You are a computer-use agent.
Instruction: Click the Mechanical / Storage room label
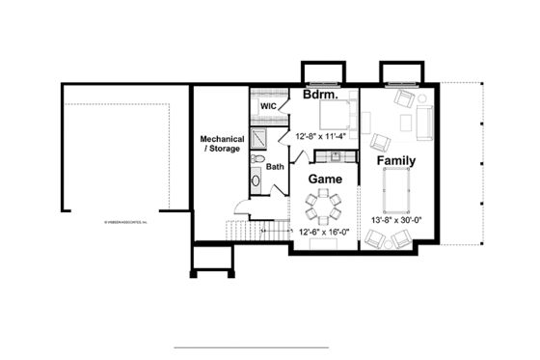point(222,144)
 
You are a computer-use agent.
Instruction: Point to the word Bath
point(276,166)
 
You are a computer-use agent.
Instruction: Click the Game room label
point(325,180)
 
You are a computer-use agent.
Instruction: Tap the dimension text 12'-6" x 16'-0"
point(324,233)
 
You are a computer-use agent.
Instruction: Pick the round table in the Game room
point(323,205)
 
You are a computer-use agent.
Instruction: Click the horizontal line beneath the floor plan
point(251,346)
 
